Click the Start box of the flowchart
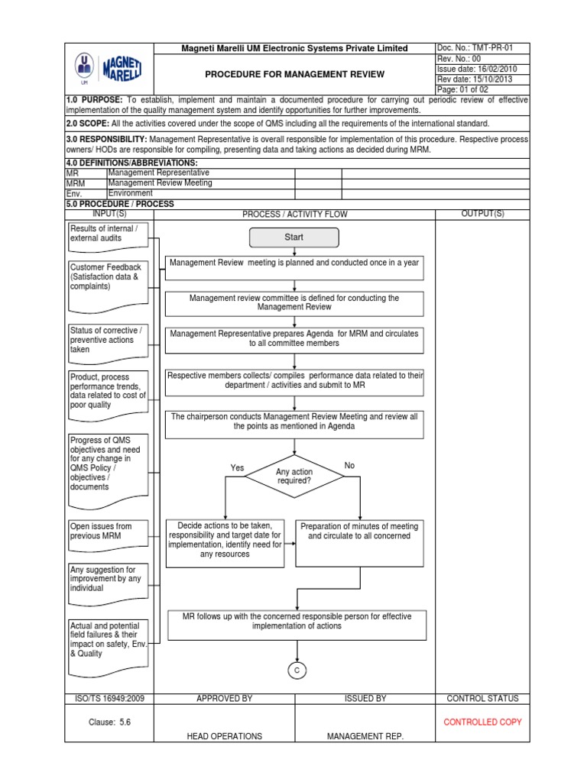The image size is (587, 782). coord(293,238)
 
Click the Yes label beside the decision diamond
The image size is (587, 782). coord(237,467)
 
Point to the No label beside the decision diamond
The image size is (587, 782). coord(350,465)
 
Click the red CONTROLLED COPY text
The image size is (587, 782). coord(482,722)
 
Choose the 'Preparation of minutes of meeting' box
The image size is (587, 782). coord(358,541)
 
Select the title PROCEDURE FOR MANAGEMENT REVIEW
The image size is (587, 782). coord(294,74)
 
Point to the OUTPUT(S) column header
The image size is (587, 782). coord(482,214)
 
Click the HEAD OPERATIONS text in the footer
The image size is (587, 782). coord(224,736)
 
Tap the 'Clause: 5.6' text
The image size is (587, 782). coord(110,722)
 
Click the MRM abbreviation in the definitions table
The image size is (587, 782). coord(76,183)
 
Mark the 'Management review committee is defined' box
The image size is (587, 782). coord(294,302)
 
